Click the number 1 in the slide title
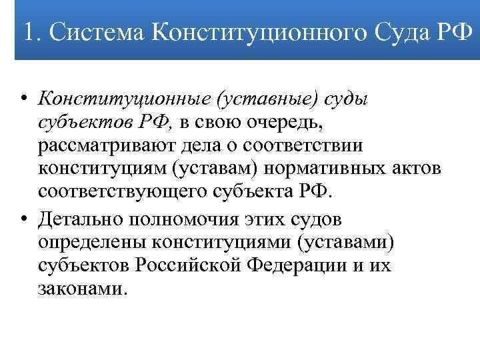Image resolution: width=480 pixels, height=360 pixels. [28, 31]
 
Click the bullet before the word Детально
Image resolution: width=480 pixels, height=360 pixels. [23, 218]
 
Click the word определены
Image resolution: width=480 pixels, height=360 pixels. [92, 241]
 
